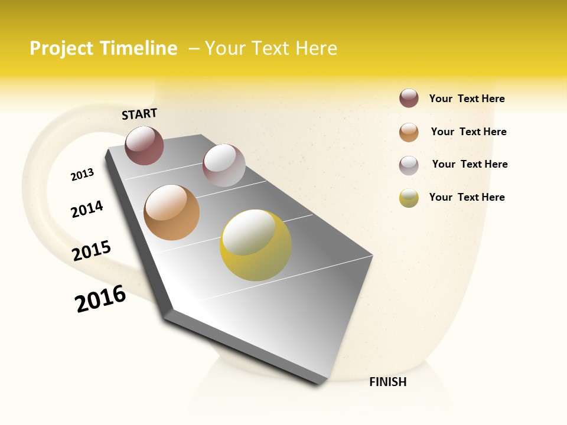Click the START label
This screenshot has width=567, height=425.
coord(139,114)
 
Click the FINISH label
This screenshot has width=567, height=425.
coord(387,382)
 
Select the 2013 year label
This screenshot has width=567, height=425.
coord(82,175)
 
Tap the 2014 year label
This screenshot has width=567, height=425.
coord(87,209)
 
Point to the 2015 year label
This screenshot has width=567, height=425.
coord(92,251)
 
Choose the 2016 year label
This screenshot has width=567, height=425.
coord(100,299)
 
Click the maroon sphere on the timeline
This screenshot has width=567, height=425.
coord(144,145)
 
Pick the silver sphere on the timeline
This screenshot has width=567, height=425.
coord(224,165)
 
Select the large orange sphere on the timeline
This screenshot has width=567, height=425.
coord(171,212)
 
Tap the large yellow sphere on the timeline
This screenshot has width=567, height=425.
coord(256,245)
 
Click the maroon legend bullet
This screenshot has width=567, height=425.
coord(409,98)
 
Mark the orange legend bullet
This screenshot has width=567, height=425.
coord(409,132)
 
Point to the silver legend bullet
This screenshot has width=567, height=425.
coord(409,165)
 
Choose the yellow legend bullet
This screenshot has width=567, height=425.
coord(409,198)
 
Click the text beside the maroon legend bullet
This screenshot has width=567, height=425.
coord(467,99)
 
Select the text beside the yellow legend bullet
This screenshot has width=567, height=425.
coord(467,197)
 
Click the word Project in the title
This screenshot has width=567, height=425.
coord(61,48)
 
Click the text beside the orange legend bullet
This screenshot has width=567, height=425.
coord(468,132)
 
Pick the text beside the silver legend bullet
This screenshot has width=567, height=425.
coord(470,164)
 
